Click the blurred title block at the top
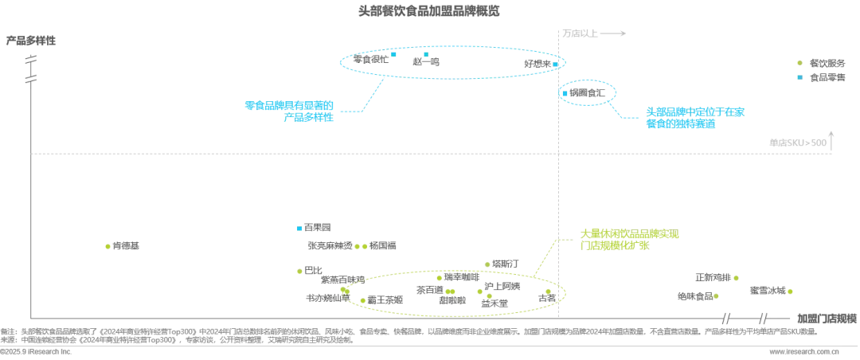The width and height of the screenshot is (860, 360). coord(429,10)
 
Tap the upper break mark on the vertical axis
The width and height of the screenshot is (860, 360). coord(30,61)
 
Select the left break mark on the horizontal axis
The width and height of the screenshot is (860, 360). coord(725,319)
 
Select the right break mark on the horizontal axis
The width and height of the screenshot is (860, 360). coord(762,319)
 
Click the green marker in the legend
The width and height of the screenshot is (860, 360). coord(799,63)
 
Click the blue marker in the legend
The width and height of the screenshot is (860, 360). coord(799,76)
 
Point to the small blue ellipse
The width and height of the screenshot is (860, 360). coord(589,93)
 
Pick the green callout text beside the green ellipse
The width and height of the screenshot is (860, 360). coord(629,241)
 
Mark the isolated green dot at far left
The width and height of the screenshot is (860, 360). coord(107,247)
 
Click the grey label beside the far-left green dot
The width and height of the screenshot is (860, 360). coord(127,245)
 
